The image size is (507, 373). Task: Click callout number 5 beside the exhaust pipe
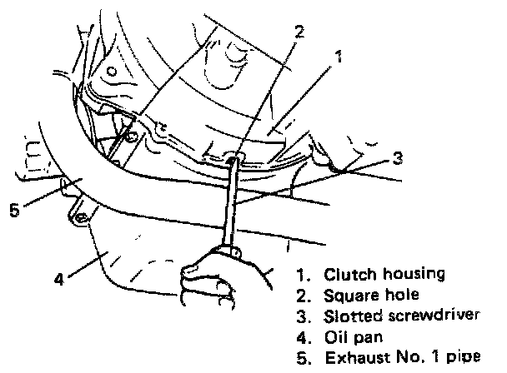[14, 208]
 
